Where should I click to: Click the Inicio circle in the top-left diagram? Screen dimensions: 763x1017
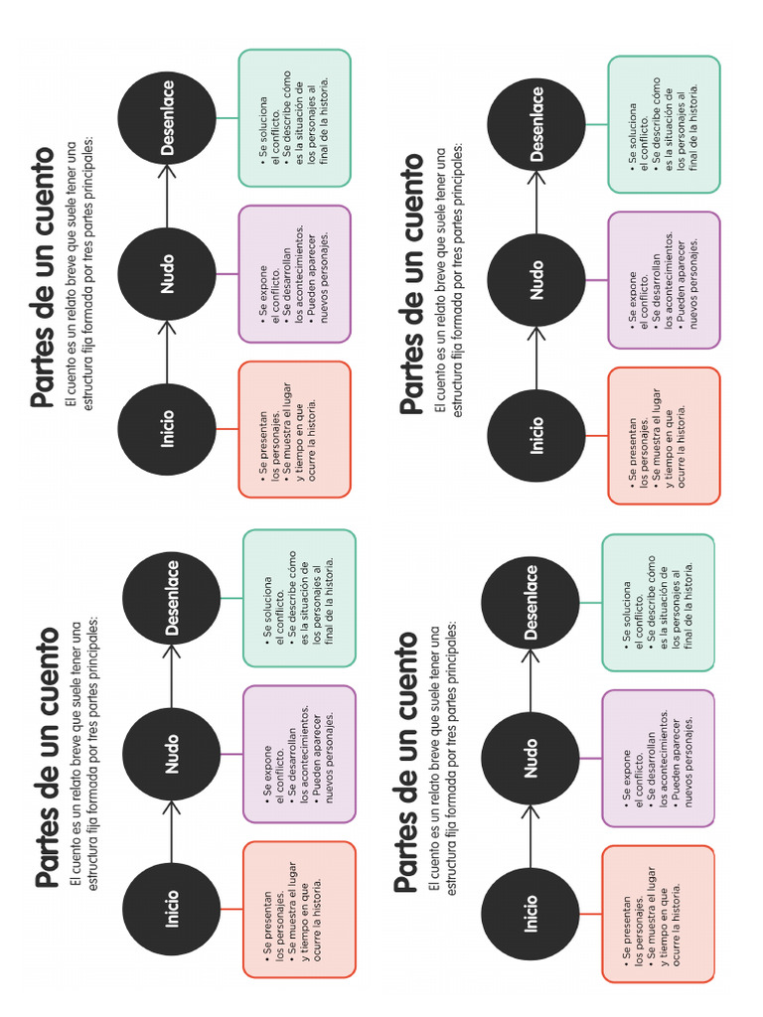coord(167,429)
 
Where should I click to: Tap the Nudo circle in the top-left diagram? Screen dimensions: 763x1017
coord(167,274)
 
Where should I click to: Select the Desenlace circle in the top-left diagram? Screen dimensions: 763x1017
coord(167,118)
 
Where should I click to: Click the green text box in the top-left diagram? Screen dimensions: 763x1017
coord(294,118)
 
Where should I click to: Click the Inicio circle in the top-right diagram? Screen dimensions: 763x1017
coord(536,436)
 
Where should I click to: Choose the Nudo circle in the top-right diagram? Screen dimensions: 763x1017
coord(536,280)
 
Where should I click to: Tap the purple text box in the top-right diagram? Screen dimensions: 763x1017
coord(665,280)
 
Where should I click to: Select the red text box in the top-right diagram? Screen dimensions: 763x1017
coord(665,436)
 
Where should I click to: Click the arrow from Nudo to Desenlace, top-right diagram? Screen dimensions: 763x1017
coord(536,203)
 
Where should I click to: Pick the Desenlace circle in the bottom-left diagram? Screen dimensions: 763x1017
coord(172,598)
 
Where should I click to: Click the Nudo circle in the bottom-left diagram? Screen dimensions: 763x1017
coord(172,755)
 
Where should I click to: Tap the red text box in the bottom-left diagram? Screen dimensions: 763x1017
coord(300,910)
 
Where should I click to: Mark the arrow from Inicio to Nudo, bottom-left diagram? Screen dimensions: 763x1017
coord(172,832)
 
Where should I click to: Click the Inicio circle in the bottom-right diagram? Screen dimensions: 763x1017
coord(531,914)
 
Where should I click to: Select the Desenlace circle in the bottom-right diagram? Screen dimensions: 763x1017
coord(531,603)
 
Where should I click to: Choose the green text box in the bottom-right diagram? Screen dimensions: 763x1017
coord(659,603)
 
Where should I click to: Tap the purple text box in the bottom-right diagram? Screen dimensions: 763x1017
coord(659,758)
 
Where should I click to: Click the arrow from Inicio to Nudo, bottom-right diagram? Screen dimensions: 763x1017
coord(531,836)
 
